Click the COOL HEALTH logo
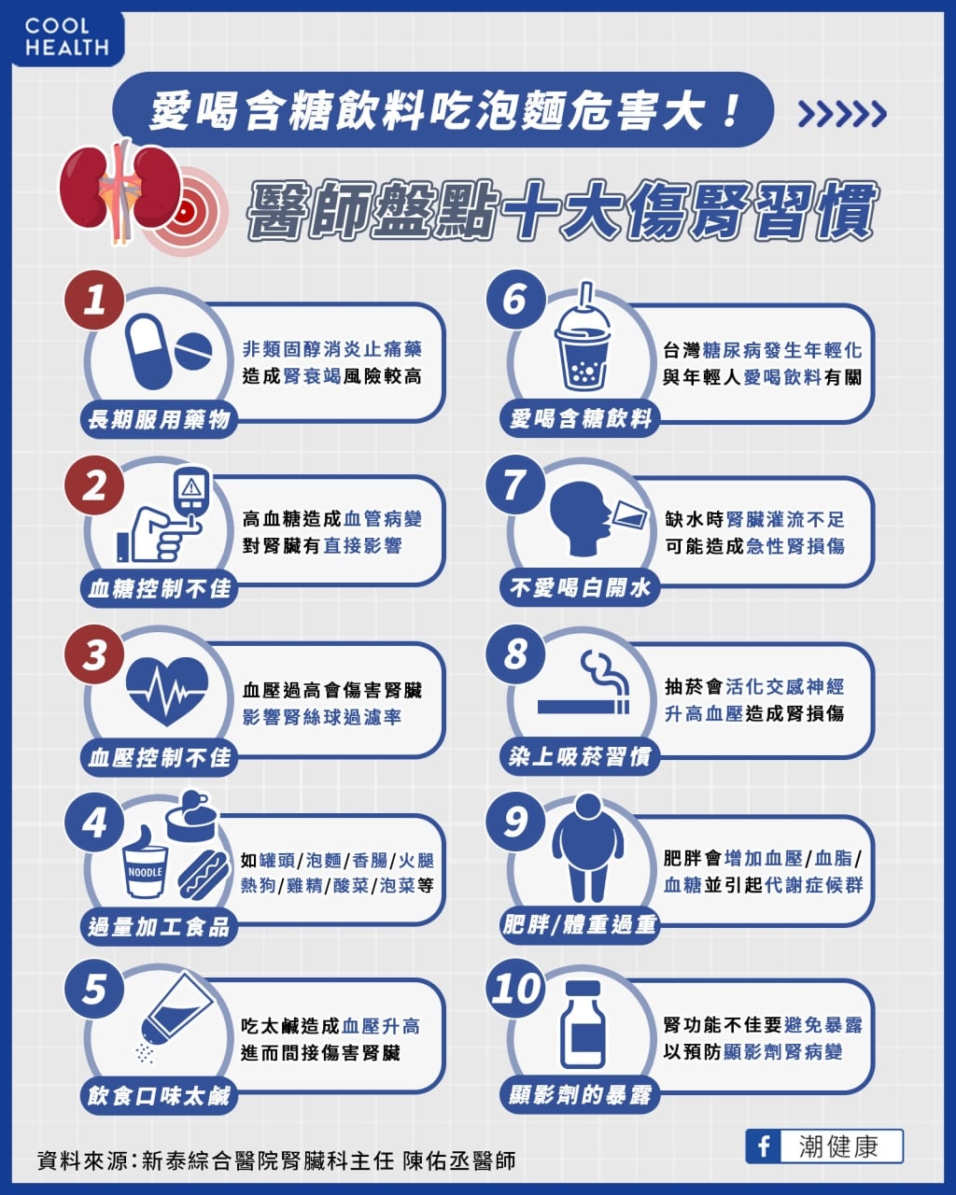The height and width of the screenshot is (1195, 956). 66,37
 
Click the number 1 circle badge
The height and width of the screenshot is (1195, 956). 94,300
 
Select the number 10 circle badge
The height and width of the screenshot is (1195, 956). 516,989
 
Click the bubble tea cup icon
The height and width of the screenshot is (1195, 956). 583,341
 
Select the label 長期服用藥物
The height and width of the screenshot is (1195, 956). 159,420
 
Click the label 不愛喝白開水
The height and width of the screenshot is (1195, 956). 580,588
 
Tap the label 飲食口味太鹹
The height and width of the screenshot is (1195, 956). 159,1095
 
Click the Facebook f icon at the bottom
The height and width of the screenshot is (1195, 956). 764,1146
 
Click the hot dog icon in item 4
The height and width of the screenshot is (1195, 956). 204,874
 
